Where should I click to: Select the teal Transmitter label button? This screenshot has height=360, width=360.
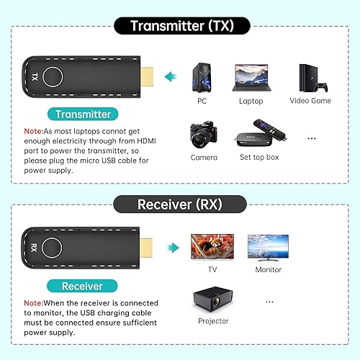click(84, 114)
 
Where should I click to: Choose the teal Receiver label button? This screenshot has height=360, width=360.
click(82, 286)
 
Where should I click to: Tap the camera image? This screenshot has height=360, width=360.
click(204, 135)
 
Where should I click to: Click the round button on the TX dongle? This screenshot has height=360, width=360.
click(53, 76)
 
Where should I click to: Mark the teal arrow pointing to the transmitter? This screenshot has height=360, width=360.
click(170, 76)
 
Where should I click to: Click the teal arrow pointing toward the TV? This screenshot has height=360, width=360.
click(171, 248)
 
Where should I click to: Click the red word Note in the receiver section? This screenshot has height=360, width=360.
click(33, 303)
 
